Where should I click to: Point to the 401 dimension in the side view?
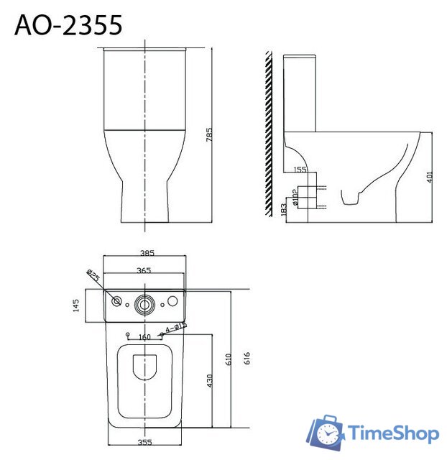429,178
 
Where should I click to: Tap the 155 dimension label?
300,170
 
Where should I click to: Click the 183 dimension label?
284,208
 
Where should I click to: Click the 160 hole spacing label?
144,337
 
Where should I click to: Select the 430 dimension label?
210,382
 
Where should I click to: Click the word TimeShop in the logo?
394,433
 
